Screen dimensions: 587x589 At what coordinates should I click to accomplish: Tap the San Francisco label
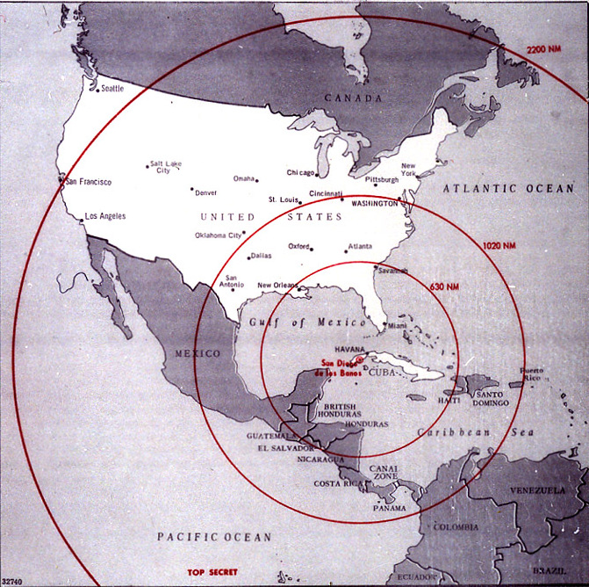pyautogui.click(x=90, y=182)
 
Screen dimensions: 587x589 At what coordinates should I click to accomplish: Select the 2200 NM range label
pyautogui.click(x=543, y=49)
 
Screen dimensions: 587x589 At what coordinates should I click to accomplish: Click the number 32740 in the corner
pyautogui.click(x=13, y=580)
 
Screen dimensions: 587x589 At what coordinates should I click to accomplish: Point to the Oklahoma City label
pyautogui.click(x=217, y=236)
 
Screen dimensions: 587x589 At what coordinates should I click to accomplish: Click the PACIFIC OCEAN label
pyautogui.click(x=214, y=536)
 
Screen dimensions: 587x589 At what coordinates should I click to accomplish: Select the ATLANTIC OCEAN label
pyautogui.click(x=506, y=189)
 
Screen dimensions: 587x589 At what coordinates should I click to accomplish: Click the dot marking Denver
pyautogui.click(x=191, y=189)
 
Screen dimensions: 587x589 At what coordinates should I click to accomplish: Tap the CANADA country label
pyautogui.click(x=354, y=98)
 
